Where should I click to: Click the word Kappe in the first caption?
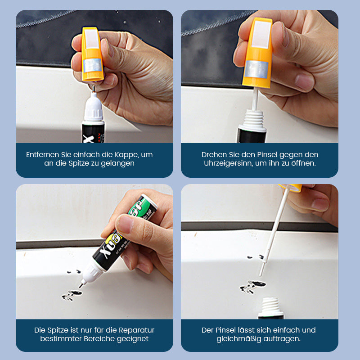(x=126, y=155)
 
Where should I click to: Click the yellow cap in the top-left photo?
(x=92, y=54)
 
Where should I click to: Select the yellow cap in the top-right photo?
(x=257, y=53)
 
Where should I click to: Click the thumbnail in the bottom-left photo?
(x=124, y=223)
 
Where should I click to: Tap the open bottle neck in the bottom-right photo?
(x=271, y=306)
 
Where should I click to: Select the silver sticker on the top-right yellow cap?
(x=256, y=69)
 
